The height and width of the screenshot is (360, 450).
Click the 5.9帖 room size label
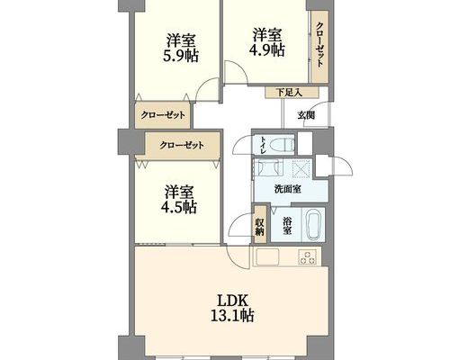[180, 56]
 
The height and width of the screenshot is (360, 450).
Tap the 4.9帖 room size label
[266, 50]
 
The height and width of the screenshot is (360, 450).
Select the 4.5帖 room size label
[179, 207]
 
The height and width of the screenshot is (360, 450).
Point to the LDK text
[232, 300]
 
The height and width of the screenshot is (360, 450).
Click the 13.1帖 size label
[232, 316]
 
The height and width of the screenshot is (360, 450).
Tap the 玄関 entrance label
[306, 115]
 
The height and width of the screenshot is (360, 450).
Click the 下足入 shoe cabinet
[292, 93]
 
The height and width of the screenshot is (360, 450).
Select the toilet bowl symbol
[282, 145]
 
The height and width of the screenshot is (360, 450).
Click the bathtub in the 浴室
[313, 224]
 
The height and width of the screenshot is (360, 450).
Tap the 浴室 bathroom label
[287, 226]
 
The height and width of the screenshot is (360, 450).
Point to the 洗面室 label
[288, 189]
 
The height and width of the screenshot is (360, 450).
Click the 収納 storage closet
[260, 225]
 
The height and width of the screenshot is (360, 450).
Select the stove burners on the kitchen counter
[308, 257]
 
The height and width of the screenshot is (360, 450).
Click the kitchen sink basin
[266, 256]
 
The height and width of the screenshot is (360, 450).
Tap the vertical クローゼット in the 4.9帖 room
[319, 47]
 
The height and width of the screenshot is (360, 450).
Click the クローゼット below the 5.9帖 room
[163, 115]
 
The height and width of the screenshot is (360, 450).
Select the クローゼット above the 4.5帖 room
[183, 146]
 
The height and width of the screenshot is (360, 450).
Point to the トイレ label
[263, 145]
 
